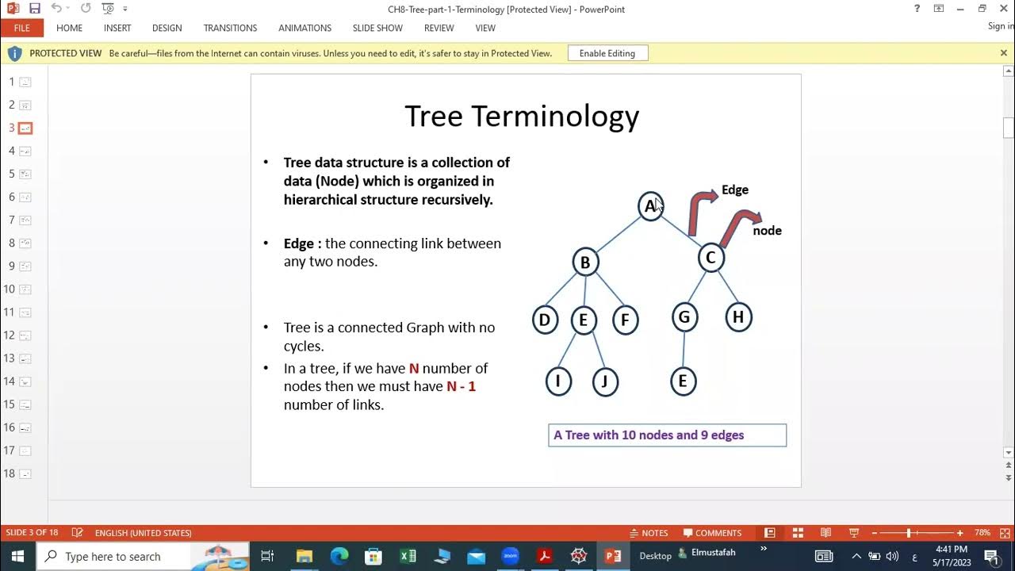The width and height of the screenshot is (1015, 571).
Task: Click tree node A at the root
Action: point(650,206)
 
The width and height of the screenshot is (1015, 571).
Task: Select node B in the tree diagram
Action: point(585,263)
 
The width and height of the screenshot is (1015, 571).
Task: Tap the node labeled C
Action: point(710,258)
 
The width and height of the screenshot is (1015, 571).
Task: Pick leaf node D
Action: point(545,320)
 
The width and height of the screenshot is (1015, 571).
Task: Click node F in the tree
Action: point(625,320)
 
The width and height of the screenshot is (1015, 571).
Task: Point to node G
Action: point(684,318)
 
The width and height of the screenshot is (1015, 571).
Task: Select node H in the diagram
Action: point(738,317)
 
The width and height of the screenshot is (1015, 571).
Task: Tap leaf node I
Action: point(558,381)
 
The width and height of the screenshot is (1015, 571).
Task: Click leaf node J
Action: point(605,381)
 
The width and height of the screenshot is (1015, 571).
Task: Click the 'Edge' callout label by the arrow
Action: point(735,190)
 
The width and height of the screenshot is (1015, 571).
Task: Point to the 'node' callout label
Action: point(767,231)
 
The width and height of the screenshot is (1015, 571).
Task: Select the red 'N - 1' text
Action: point(461,386)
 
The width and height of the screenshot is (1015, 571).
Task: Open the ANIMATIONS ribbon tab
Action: point(304,28)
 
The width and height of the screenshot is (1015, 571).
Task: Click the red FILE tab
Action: point(21,28)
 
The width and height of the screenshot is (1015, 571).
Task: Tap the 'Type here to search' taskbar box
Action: point(113,557)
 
